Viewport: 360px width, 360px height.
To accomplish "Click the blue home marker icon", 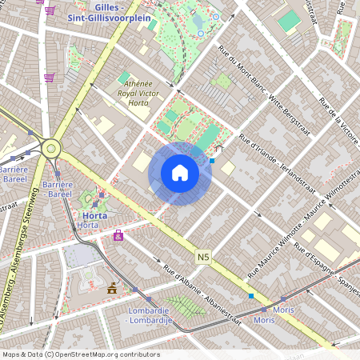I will pos(180,173).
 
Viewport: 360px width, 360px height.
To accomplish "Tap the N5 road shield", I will pos(202,256).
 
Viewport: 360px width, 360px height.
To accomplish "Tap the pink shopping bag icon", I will pos(118,235).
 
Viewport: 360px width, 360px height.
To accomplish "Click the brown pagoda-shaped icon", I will pos(111,287).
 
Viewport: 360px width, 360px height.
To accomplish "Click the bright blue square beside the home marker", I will pos(212,161).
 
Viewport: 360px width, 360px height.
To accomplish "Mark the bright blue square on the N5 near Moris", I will pos(251,296).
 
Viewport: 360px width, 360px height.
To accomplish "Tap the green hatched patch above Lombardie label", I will pos(184,305).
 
